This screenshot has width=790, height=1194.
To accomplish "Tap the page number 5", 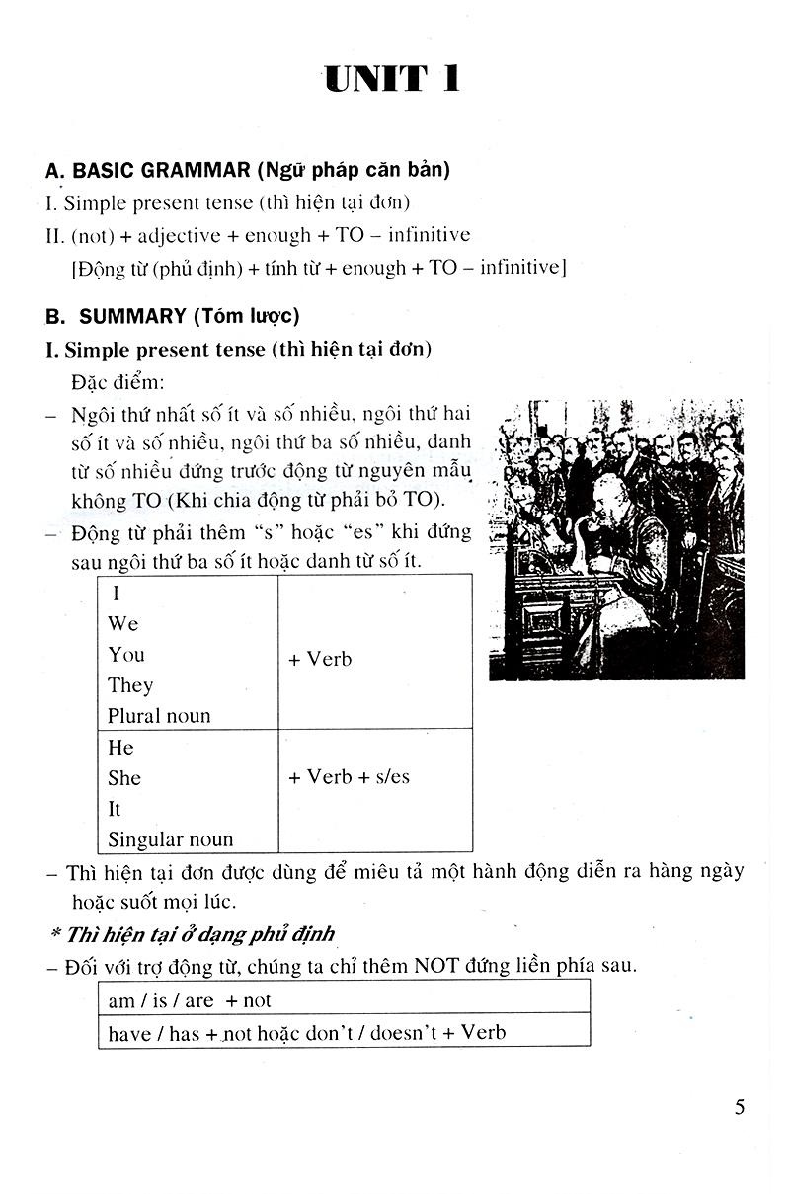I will (740, 1106).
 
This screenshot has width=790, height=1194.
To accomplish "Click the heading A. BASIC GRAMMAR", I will (148, 170).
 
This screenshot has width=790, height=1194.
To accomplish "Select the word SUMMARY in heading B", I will (132, 316).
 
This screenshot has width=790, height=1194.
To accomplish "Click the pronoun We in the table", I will (123, 624).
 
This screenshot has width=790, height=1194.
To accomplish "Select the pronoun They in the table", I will (130, 685).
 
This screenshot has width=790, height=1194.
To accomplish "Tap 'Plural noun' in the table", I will (159, 716).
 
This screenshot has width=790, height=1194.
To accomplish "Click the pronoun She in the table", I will (124, 778).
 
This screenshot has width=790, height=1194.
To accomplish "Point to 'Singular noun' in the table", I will (170, 839).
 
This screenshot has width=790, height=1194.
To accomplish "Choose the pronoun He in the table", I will (120, 748).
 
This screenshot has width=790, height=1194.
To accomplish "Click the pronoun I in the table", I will (117, 594).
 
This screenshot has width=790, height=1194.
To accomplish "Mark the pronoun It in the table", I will (115, 809).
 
